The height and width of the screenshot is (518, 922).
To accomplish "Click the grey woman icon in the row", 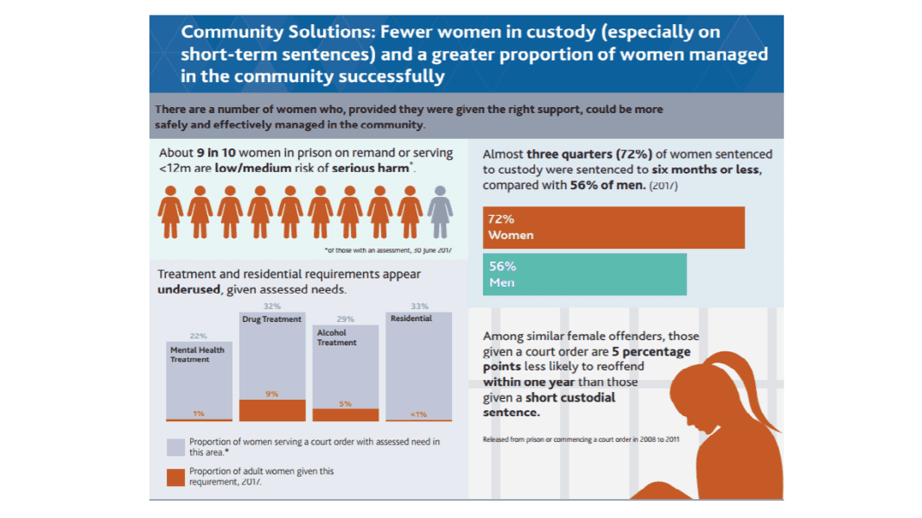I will click(440, 212).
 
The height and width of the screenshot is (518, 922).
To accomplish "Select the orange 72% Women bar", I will click(614, 228).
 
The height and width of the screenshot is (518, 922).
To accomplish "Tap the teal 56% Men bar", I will click(584, 274).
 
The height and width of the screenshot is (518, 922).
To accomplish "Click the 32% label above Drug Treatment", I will click(272, 306).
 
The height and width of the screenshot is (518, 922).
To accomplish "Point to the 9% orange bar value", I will click(272, 395).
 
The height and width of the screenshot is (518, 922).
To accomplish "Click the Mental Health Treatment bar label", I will click(198, 355).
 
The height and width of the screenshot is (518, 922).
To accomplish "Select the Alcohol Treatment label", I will click(336, 338).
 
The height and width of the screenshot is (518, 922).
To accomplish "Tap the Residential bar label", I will click(410, 319).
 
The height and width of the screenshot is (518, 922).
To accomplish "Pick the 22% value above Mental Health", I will click(198, 337).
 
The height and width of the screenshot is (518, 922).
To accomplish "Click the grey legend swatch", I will click(175, 446).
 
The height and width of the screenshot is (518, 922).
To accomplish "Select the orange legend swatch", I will click(175, 477).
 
